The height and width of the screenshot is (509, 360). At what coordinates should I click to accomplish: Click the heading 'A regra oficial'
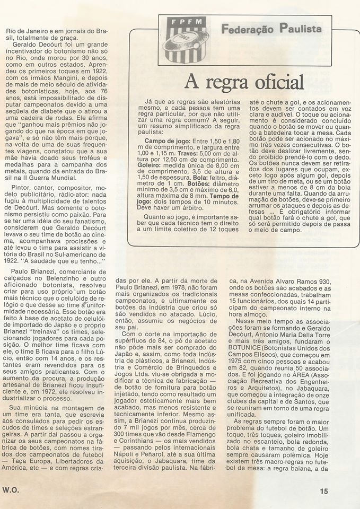[x=244, y=81]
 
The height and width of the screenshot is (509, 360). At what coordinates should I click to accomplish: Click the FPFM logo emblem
[x=185, y=39]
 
